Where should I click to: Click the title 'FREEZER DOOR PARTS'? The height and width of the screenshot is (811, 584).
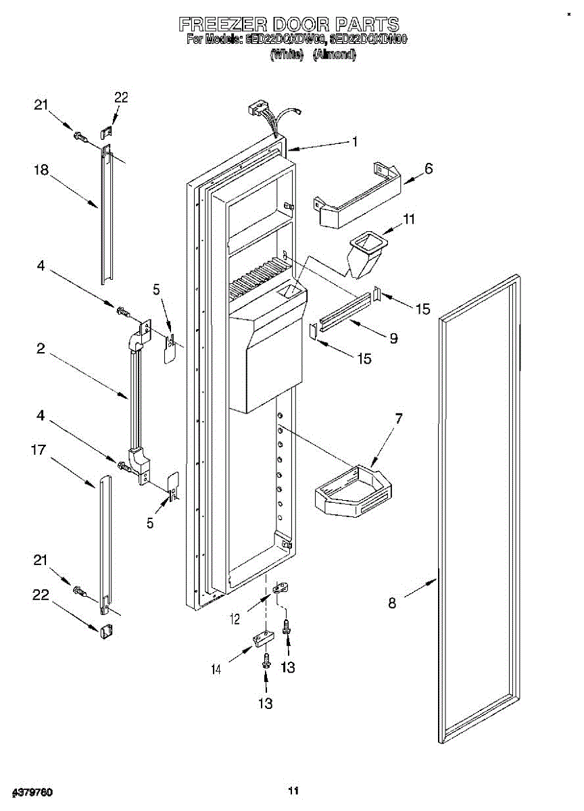pos(289,25)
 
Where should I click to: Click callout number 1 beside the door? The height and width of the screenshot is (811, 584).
pos(354,142)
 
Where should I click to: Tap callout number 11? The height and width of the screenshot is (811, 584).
pos(410,220)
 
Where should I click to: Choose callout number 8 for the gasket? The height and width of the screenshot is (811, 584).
pos(392,602)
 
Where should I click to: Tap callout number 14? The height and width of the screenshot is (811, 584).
pos(216,669)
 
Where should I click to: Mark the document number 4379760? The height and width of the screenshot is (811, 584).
pos(32,791)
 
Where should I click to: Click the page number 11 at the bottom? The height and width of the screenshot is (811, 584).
pos(293,790)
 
